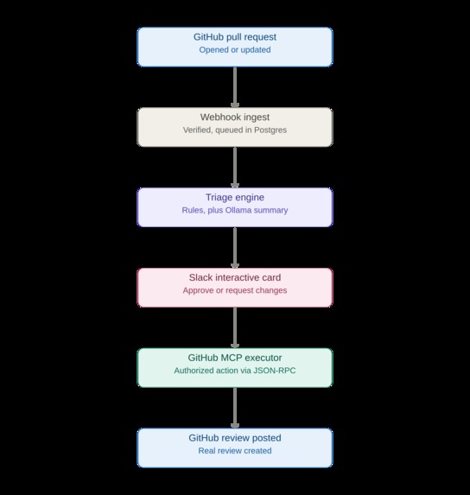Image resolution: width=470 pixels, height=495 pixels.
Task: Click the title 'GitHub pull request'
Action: tap(235, 37)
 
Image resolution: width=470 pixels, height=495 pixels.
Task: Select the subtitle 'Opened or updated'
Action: tap(235, 50)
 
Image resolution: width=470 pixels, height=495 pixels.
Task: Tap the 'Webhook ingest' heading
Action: tap(235, 117)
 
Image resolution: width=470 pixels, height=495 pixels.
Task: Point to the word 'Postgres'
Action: tap(270, 130)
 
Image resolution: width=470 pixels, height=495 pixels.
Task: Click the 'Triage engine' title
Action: tap(235, 197)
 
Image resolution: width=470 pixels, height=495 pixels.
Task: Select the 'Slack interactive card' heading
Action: tap(235, 277)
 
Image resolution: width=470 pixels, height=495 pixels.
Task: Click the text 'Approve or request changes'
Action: tap(235, 290)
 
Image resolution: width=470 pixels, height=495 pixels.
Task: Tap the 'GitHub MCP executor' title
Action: tap(235, 358)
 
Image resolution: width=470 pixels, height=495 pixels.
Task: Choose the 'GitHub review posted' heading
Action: tap(235, 438)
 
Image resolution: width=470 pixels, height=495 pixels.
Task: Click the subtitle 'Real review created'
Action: tap(235, 451)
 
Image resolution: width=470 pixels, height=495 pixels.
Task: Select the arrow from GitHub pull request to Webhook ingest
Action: tap(235, 87)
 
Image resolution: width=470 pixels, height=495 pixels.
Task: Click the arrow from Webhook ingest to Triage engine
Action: tap(235, 168)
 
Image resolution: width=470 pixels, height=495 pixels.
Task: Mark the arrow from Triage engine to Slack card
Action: tap(235, 247)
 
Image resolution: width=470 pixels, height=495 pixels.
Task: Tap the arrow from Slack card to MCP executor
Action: tap(235, 327)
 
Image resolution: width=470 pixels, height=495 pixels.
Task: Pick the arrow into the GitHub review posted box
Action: tap(235, 408)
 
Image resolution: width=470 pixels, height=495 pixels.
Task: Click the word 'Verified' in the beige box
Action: tap(198, 130)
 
